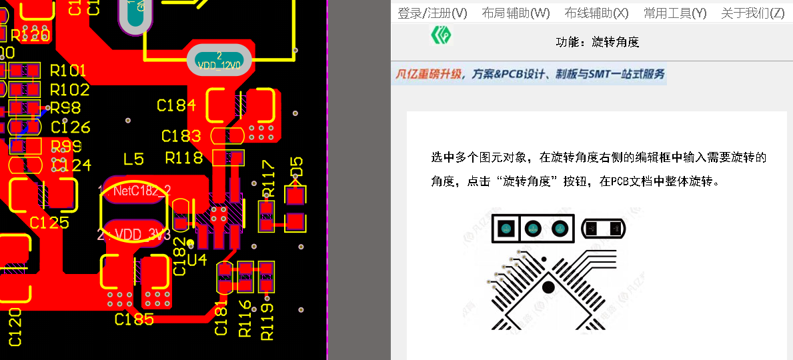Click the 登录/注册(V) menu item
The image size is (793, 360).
(x=432, y=13)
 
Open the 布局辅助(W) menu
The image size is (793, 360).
(x=516, y=13)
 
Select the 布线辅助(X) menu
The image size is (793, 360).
(x=596, y=13)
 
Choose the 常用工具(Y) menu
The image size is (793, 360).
(x=675, y=13)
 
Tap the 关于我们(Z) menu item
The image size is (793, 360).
(x=752, y=13)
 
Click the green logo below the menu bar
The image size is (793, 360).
(x=440, y=35)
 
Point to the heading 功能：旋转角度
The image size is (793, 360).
(x=598, y=42)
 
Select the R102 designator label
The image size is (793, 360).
(x=69, y=89)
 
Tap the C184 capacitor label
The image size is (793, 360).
(x=176, y=105)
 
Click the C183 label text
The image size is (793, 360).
(x=181, y=136)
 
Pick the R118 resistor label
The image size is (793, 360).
(x=184, y=158)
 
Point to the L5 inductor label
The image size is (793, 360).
(x=133, y=159)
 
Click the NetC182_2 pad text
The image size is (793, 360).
(x=141, y=191)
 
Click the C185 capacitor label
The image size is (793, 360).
(x=134, y=319)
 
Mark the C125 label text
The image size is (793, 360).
(x=49, y=223)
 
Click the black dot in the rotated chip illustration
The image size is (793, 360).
(x=548, y=287)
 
